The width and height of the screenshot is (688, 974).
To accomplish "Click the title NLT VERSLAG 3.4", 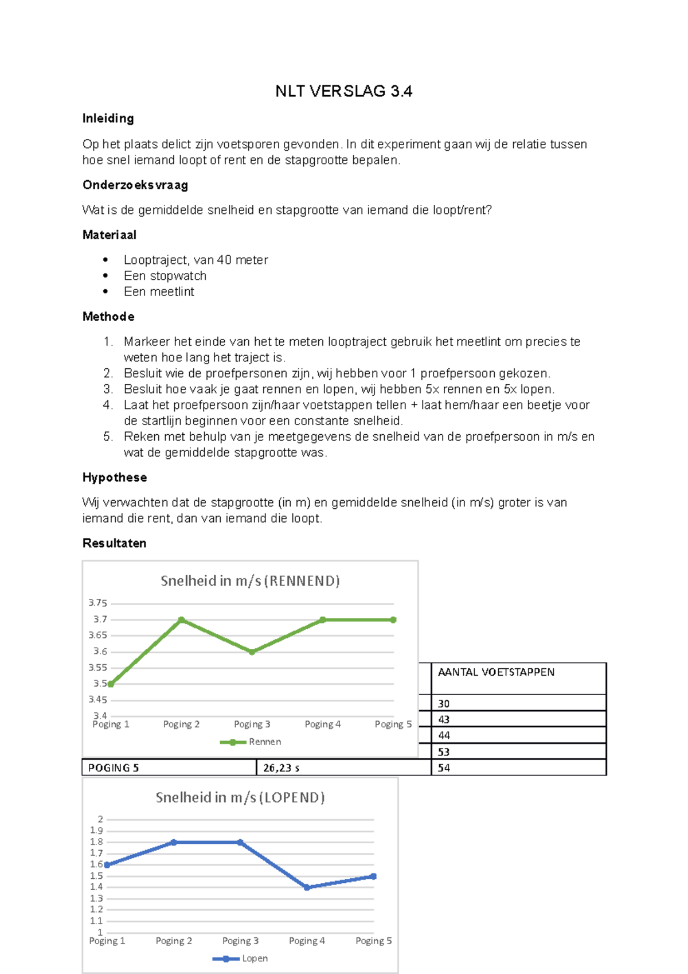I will click(343, 91).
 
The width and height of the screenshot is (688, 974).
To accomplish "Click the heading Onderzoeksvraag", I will click(135, 185).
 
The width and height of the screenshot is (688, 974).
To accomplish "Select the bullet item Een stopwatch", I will click(165, 275).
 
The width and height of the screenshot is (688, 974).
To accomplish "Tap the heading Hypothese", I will click(115, 477).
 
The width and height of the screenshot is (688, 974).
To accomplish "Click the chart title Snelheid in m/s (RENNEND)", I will click(250, 580).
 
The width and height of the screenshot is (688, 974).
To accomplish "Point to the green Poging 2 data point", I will click(181, 620).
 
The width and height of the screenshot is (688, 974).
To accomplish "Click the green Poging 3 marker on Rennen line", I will click(252, 652).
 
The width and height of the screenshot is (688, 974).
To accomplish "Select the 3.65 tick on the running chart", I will click(97, 635).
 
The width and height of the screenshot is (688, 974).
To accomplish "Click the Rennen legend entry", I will click(264, 742).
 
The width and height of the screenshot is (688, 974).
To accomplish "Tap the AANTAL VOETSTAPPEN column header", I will click(496, 672).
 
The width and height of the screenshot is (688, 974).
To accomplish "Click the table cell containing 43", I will click(444, 719).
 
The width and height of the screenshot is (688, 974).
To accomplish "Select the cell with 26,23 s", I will click(281, 767).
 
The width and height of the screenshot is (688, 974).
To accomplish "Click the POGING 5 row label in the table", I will click(114, 767).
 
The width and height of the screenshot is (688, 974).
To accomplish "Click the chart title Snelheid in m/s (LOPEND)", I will click(240, 797).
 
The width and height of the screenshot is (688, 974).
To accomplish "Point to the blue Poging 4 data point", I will click(307, 887).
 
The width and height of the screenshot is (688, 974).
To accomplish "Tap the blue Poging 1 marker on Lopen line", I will click(107, 864).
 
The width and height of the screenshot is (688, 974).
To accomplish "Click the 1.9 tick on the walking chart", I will click(96, 831).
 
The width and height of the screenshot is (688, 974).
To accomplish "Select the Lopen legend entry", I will click(254, 958).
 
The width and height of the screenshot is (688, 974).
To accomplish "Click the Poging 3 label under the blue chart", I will click(240, 941).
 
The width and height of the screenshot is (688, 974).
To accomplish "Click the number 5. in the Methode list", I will click(108, 437).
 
